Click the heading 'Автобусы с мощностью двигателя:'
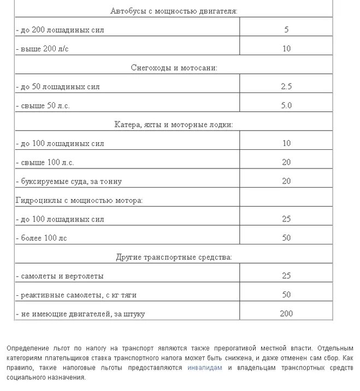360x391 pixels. (x=174, y=11)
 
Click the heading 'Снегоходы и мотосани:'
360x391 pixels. (x=174, y=68)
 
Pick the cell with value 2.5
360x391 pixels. (x=286, y=86)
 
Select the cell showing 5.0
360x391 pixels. (x=286, y=106)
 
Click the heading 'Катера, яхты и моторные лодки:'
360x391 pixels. (x=174, y=125)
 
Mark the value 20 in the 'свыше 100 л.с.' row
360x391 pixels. (x=286, y=162)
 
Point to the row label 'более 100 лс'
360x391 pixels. (x=43, y=238)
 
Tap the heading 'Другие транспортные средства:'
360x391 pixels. (x=174, y=257)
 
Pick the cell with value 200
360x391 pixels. (x=286, y=314)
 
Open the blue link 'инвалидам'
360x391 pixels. (x=204, y=368)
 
